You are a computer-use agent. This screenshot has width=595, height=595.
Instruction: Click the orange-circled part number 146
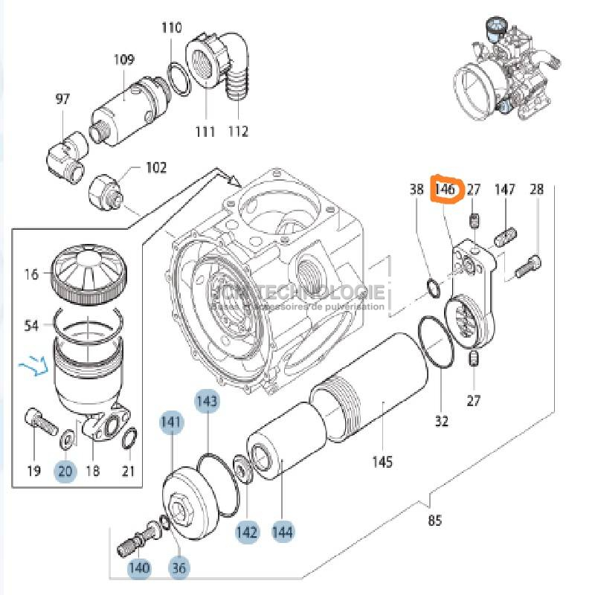click(x=445, y=190)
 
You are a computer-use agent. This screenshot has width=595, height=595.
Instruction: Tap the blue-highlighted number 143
click(x=208, y=402)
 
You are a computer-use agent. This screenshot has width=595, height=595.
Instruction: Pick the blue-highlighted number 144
click(x=283, y=532)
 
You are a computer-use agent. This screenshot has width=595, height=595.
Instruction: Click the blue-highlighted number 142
click(x=247, y=532)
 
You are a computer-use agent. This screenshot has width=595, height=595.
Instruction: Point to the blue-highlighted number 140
click(x=139, y=568)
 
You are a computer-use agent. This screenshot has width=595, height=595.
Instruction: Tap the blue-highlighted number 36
click(x=178, y=568)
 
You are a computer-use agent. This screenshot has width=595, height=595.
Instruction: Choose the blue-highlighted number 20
click(x=65, y=470)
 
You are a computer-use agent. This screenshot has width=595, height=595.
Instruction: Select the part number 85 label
click(x=435, y=521)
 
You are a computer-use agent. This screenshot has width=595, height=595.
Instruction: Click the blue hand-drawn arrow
click(x=33, y=366)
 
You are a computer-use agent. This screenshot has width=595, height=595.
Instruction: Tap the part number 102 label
click(x=155, y=168)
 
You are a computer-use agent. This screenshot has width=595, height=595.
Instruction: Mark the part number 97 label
click(x=62, y=99)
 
